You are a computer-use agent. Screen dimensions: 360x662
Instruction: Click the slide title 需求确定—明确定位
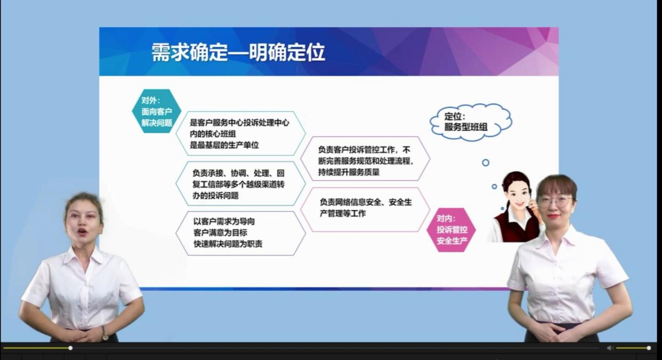coord(238,53)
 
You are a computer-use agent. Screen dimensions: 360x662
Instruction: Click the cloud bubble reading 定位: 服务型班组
coord(470,122)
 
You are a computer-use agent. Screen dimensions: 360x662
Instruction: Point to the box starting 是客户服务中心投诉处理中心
coord(240,133)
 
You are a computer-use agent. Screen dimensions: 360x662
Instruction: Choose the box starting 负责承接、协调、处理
coord(240,184)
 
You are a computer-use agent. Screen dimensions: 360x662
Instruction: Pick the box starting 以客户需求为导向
coord(240,233)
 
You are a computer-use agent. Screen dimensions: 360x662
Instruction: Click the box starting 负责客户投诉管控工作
coord(365,159)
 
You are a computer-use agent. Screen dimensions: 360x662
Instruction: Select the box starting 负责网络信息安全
coord(365,208)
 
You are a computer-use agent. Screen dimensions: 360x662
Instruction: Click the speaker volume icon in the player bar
coord(610,348)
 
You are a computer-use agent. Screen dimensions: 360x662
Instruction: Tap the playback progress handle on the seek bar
coord(70,348)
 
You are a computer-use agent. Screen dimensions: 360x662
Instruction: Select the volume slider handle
coord(649,348)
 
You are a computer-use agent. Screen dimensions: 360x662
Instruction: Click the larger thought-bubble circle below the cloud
coord(486,163)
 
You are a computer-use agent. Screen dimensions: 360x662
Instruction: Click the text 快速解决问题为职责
coord(228,244)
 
